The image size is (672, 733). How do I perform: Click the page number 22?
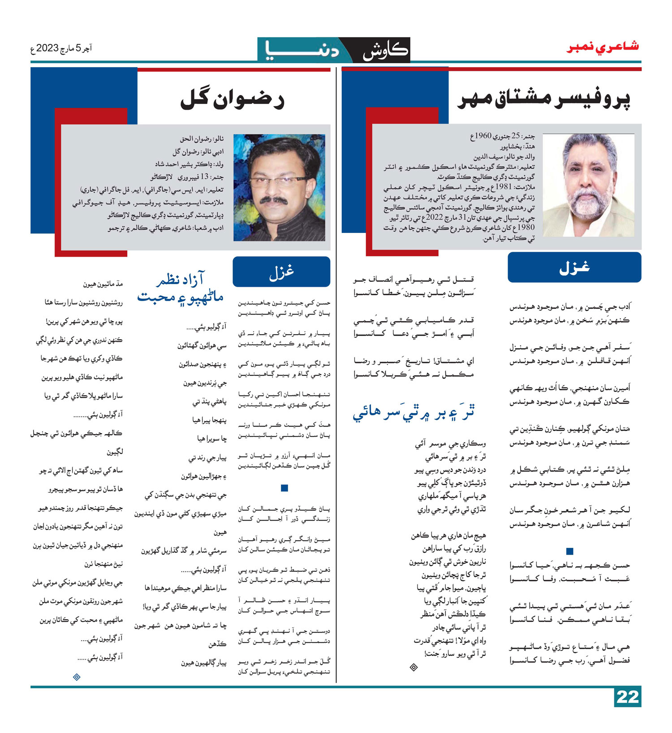pos(627,697)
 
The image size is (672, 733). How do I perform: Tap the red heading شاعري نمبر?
pos(603,47)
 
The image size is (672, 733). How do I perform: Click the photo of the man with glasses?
pos(279,188)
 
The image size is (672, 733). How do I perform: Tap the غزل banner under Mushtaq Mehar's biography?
pos(574,267)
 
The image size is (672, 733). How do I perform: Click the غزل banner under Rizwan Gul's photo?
pos(281,272)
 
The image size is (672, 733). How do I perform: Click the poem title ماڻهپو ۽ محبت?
pos(180,297)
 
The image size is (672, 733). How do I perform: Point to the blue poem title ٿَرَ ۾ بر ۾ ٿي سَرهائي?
pos(414,412)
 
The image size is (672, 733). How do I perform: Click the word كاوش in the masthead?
pos(385,50)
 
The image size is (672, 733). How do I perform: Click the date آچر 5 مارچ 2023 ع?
pos(61,48)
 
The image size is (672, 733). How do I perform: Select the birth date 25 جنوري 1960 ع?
pos(502,136)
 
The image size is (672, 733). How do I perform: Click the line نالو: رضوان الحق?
pos(202,139)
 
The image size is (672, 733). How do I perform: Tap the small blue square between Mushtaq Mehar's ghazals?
pos(569,551)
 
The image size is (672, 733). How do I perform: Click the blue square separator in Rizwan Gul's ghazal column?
pos(284,488)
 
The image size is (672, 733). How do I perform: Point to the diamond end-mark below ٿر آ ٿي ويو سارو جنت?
pos(414,668)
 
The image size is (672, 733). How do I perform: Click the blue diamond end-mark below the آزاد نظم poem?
pos(77,677)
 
